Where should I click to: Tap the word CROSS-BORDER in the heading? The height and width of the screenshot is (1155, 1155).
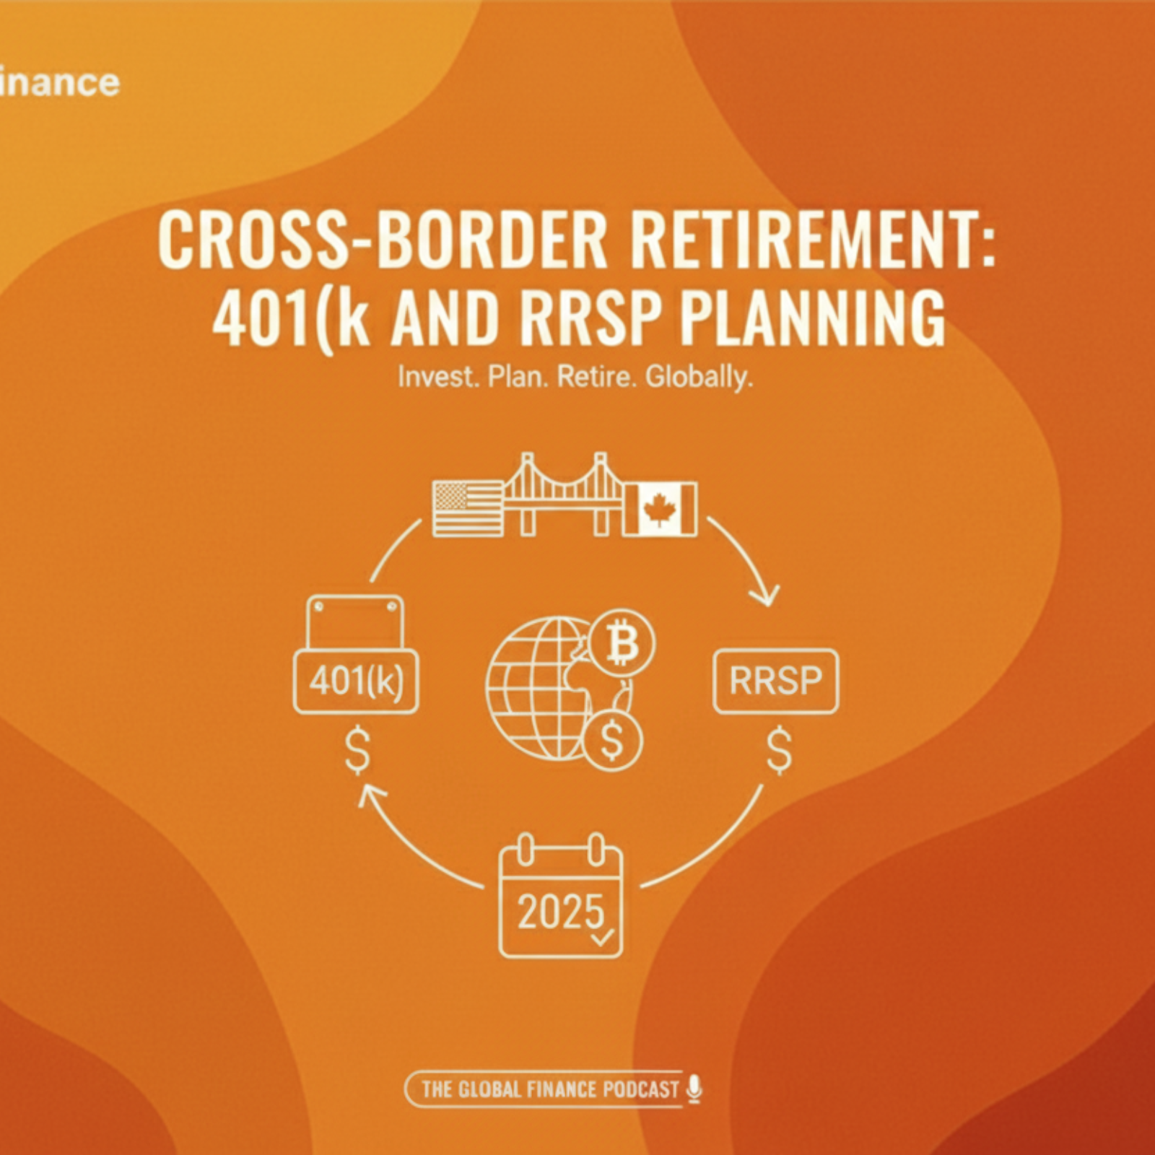(x=382, y=239)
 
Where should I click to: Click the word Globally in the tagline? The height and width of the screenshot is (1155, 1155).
(x=699, y=377)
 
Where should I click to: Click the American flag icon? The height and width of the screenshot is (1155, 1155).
(x=468, y=509)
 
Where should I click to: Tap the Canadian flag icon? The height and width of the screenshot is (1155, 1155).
(x=660, y=509)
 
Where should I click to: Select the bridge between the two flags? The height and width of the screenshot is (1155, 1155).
(x=563, y=494)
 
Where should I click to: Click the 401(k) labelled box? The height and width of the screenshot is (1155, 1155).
(x=356, y=681)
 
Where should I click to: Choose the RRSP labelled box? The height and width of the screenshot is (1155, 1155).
(x=776, y=681)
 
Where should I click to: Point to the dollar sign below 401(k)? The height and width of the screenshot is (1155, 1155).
(x=357, y=751)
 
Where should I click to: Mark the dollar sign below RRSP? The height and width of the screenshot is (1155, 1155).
(x=779, y=751)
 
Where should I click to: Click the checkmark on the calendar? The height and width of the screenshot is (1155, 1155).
(x=601, y=938)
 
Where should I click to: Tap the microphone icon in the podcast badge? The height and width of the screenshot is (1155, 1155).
(x=694, y=1089)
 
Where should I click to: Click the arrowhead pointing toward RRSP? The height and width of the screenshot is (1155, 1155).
(x=765, y=596)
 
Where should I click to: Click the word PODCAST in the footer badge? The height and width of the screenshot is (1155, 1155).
(x=641, y=1089)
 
